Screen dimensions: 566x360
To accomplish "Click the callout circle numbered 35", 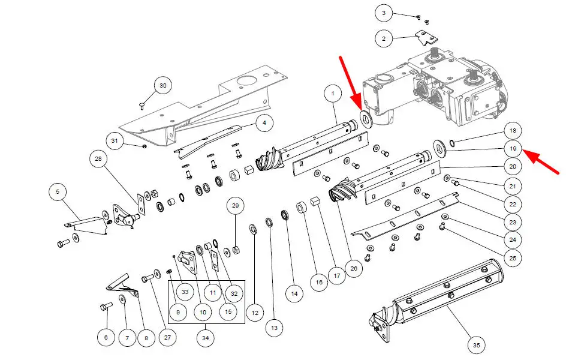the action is click(x=476, y=346).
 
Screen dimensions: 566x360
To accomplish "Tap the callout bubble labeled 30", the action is click(x=162, y=86).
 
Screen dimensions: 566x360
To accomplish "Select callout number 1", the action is click(x=332, y=94).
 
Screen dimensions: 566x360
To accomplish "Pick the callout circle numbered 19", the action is click(x=513, y=148).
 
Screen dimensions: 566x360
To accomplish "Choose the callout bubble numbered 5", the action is click(x=58, y=193).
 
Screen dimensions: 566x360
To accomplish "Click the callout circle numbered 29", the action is click(x=235, y=206).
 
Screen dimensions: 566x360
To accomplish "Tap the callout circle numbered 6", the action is click(x=106, y=338).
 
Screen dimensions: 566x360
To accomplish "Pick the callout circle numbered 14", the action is click(x=293, y=294).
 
